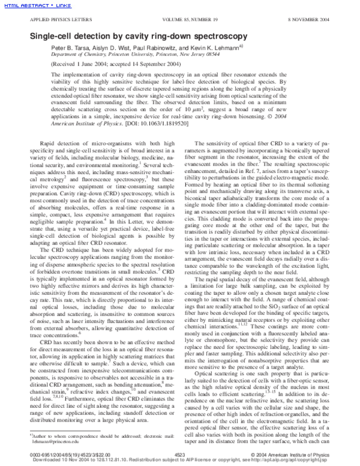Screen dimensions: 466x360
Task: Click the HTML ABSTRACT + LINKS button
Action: pos(28,5)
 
